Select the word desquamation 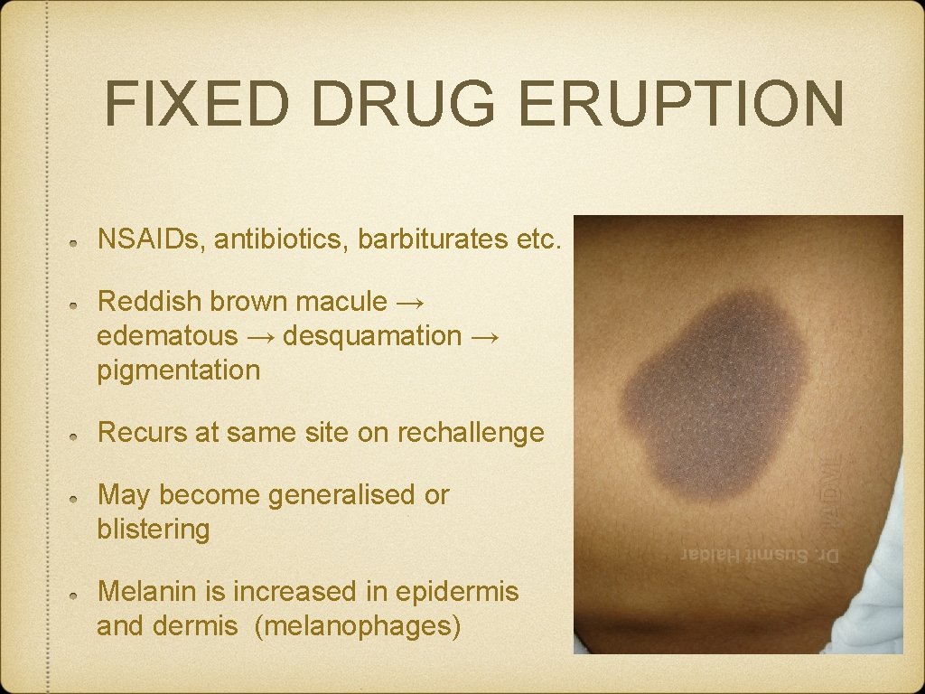coord(372,335)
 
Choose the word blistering coord(154,530)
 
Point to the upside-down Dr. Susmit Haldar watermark coord(761,555)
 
